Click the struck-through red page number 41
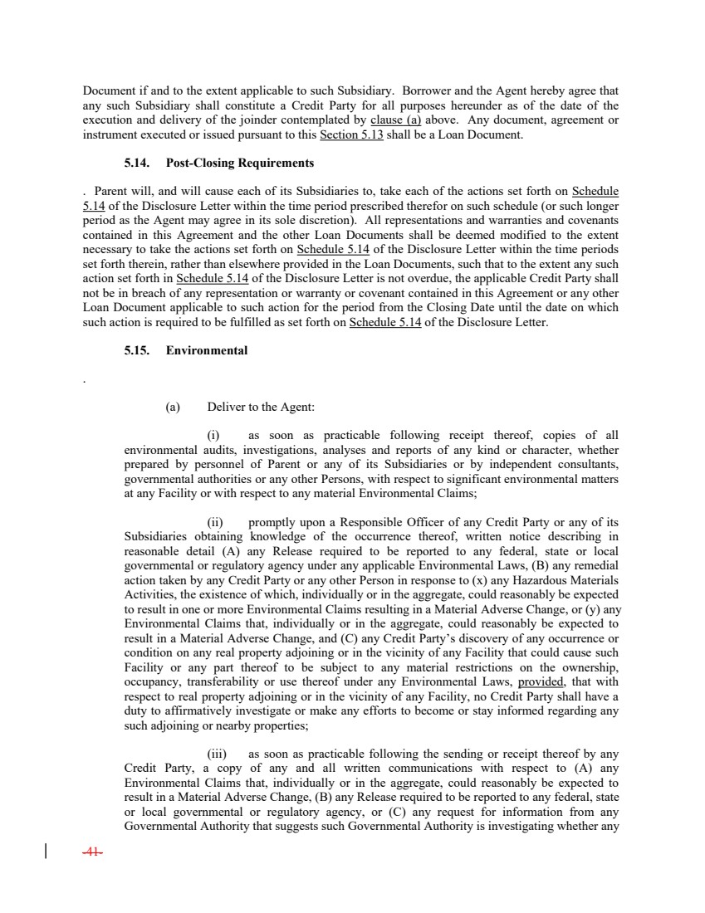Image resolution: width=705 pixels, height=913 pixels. pos(93,851)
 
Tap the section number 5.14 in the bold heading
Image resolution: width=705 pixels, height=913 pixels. pos(138,163)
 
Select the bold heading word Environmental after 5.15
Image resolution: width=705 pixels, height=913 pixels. pos(207,350)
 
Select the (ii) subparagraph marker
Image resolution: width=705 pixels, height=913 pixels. pos(215,522)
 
